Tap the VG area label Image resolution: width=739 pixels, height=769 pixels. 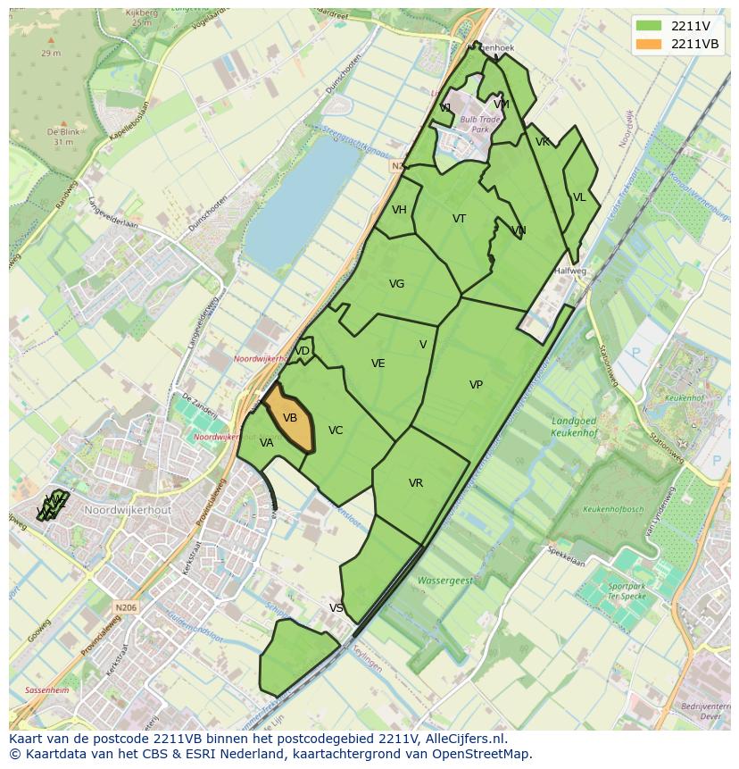point(396,284)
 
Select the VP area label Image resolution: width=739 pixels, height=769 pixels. point(476,385)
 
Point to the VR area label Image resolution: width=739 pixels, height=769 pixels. point(416,483)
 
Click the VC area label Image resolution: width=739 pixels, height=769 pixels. point(336,430)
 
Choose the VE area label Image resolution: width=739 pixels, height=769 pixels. point(378,364)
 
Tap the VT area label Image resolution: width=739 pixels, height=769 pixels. point(459,219)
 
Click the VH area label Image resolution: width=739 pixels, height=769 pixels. point(399,210)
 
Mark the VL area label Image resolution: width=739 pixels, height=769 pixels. point(579,197)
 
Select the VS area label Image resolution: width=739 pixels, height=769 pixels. point(336,608)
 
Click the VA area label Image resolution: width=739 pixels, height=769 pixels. point(267,443)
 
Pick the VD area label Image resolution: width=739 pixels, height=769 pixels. point(303,351)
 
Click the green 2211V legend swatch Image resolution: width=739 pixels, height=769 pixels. point(650,26)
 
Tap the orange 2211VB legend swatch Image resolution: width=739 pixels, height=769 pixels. point(650,44)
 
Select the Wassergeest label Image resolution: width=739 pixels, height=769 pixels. point(446,581)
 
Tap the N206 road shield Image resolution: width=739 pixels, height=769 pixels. point(126,607)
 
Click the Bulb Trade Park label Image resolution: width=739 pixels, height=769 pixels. point(480,124)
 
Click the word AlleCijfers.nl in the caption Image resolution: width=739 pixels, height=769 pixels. point(466,740)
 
